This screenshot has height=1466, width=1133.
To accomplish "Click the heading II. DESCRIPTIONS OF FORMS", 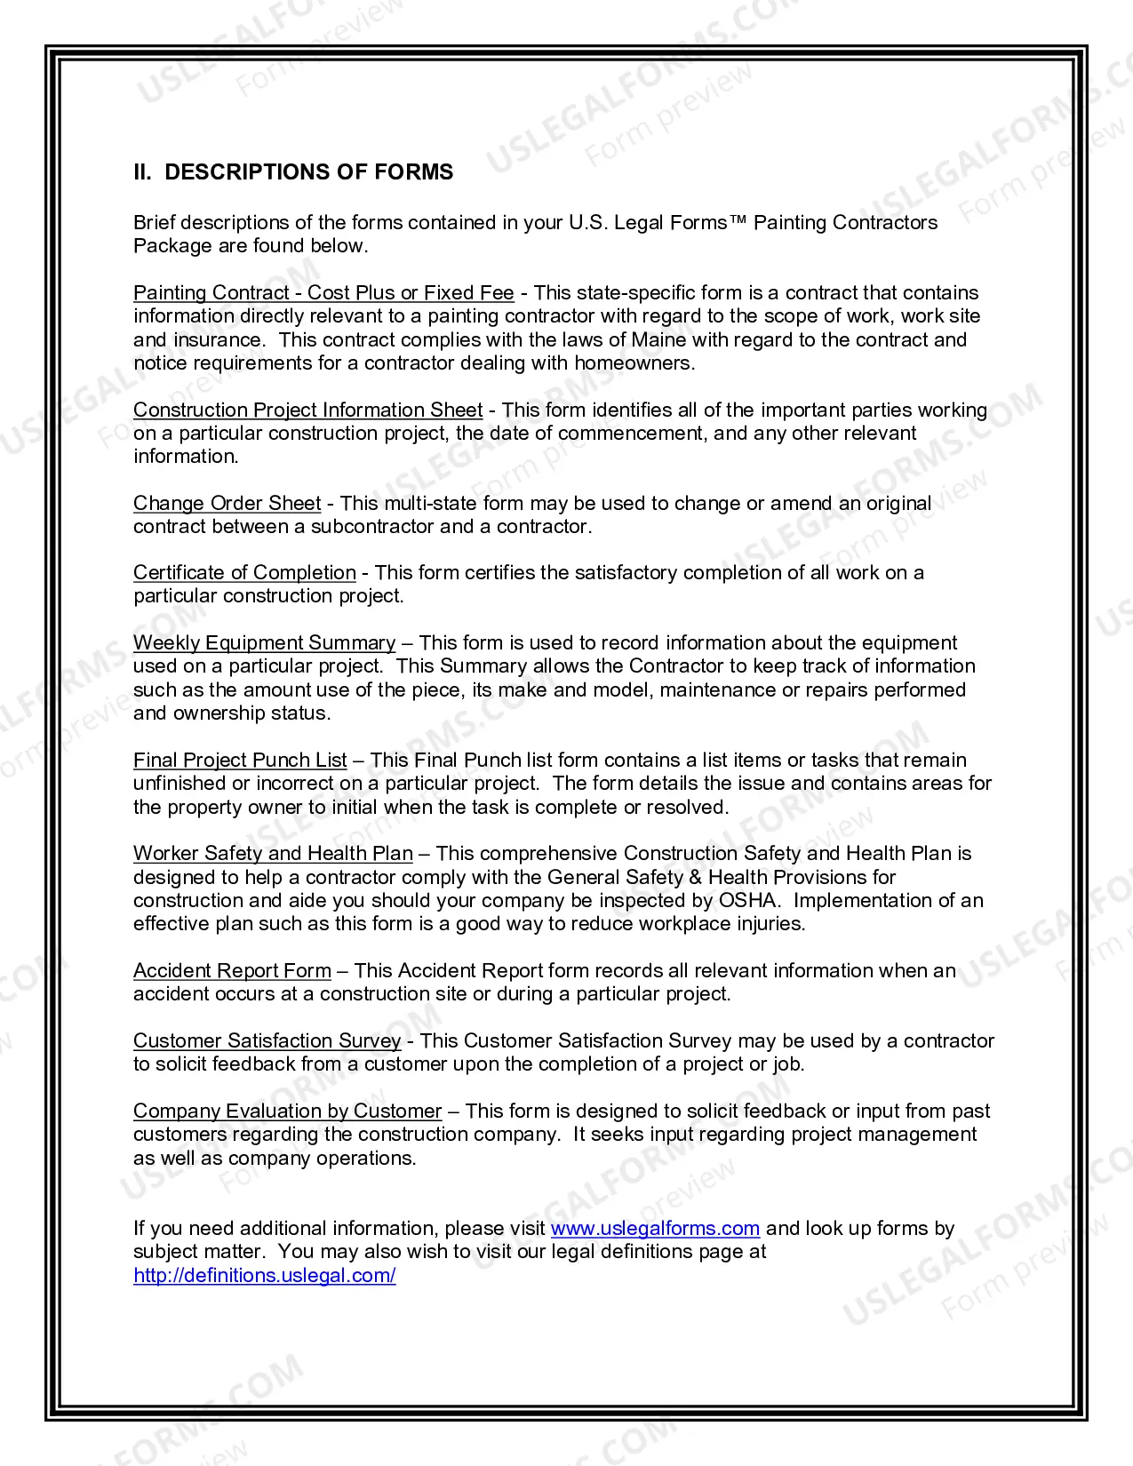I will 293,172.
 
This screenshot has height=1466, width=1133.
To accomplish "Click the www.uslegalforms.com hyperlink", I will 655,1229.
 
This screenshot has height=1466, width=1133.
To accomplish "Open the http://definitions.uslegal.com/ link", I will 265,1276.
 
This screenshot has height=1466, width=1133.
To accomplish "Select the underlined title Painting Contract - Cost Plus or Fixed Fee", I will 323,293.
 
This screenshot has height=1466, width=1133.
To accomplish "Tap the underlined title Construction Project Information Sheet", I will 307,410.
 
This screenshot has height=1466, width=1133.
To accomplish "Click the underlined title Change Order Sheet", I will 227,504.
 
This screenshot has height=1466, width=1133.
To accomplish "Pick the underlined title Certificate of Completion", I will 244,573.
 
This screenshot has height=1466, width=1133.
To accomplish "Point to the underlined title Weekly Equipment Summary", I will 264,643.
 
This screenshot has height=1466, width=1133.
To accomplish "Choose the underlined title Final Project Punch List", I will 240,761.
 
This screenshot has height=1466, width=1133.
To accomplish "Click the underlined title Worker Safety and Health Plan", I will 273,854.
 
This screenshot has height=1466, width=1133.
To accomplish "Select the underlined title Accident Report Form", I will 232,971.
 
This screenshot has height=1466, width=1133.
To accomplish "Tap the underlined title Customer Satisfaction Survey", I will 267,1041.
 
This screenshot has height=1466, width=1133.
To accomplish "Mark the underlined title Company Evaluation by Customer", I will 287,1111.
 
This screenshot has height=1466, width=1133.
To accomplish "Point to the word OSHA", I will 749,901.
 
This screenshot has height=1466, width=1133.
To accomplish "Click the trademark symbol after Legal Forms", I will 738,221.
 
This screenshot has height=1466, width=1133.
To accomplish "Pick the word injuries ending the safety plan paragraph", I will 770,924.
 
